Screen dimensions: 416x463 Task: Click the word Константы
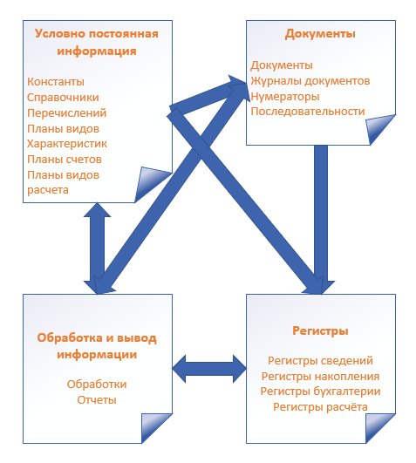pos(56,82)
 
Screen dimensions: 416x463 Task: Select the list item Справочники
pos(63,98)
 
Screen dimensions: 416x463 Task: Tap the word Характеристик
pos(67,144)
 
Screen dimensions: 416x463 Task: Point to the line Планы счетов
pos(65,160)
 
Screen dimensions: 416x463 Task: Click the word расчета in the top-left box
pos(48,190)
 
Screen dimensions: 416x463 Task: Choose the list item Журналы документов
pos(310,81)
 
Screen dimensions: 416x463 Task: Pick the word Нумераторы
pos(285,97)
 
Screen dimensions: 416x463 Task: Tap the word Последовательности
pos(308,112)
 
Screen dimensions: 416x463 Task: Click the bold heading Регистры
pos(320,330)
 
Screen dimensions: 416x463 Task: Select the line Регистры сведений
pos(320,361)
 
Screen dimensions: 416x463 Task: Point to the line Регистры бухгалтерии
pos(320,392)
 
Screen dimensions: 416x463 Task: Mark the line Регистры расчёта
pos(320,407)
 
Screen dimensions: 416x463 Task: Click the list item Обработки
pos(97,385)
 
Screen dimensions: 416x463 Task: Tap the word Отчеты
pos(97,400)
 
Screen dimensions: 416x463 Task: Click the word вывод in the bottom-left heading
pos(137,338)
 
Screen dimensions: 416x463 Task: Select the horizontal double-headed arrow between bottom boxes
pos(209,369)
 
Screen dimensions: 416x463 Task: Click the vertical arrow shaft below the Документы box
pos(321,213)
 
